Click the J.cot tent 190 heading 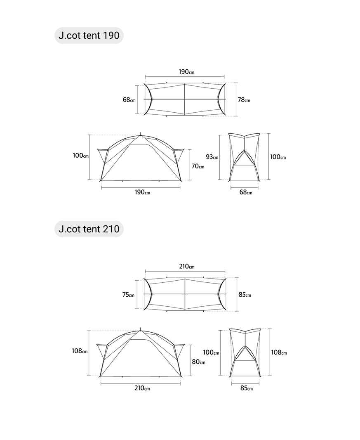point(89,35)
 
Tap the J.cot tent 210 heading point(89,229)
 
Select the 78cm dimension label point(244,99)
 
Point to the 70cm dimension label point(198,166)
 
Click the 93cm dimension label point(212,157)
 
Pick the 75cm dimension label point(128,295)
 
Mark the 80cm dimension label point(198,362)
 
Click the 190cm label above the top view point(186,72)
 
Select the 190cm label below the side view point(142,192)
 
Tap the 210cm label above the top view point(187,266)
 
